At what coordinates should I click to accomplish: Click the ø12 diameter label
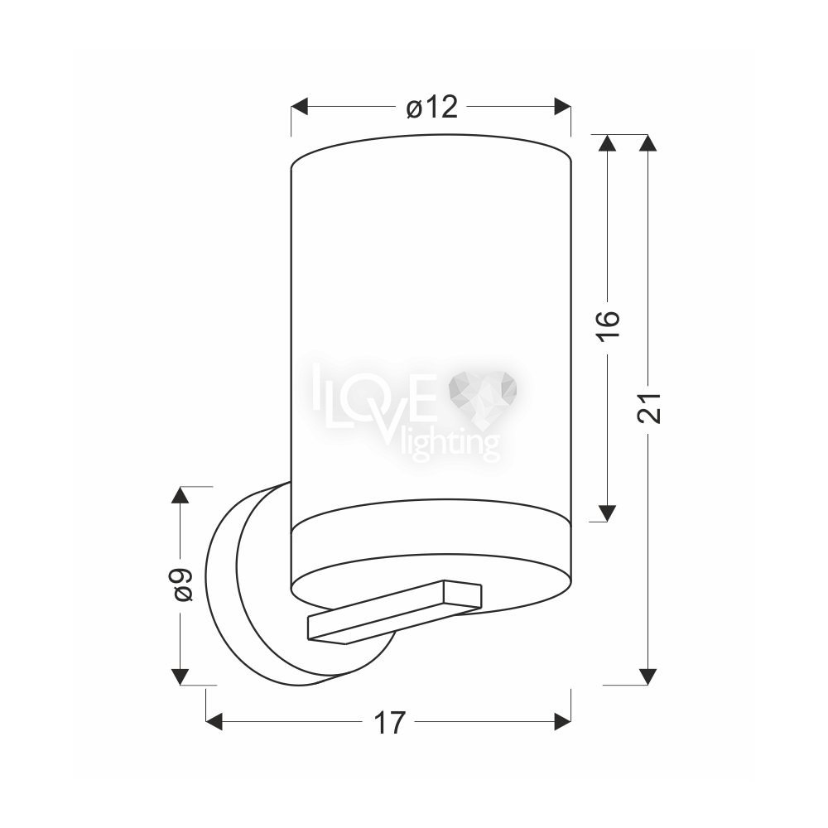(x=431, y=107)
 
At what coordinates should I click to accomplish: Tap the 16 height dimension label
(x=608, y=325)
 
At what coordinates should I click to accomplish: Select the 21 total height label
(x=649, y=407)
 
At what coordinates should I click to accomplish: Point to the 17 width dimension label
(x=390, y=722)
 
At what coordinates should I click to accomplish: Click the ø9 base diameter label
(x=183, y=585)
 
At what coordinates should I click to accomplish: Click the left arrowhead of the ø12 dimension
(x=300, y=106)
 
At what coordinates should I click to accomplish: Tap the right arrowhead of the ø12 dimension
(x=562, y=106)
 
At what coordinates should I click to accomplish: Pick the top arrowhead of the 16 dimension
(x=607, y=143)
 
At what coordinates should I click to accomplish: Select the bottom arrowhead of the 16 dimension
(x=607, y=513)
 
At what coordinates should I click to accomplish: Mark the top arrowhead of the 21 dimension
(x=648, y=143)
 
